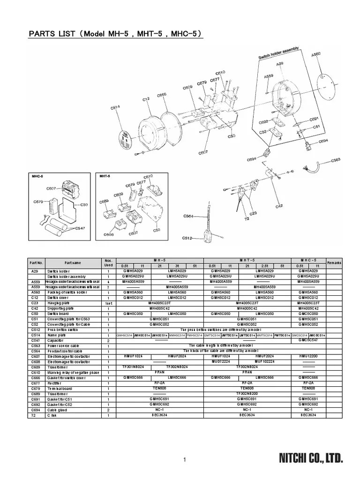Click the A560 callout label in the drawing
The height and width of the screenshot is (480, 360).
coord(317,55)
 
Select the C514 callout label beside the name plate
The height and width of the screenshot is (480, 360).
coord(115,108)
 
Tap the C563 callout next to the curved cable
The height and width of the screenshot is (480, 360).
coord(336,161)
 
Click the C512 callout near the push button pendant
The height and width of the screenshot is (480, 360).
coord(187,238)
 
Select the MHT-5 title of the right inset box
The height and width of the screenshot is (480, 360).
coord(105,177)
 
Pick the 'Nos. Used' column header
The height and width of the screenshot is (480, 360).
coord(108,262)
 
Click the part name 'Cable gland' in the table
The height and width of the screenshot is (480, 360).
coord(57,409)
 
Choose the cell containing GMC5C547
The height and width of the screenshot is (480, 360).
coord(308,340)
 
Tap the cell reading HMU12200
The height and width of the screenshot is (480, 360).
coord(308,357)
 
